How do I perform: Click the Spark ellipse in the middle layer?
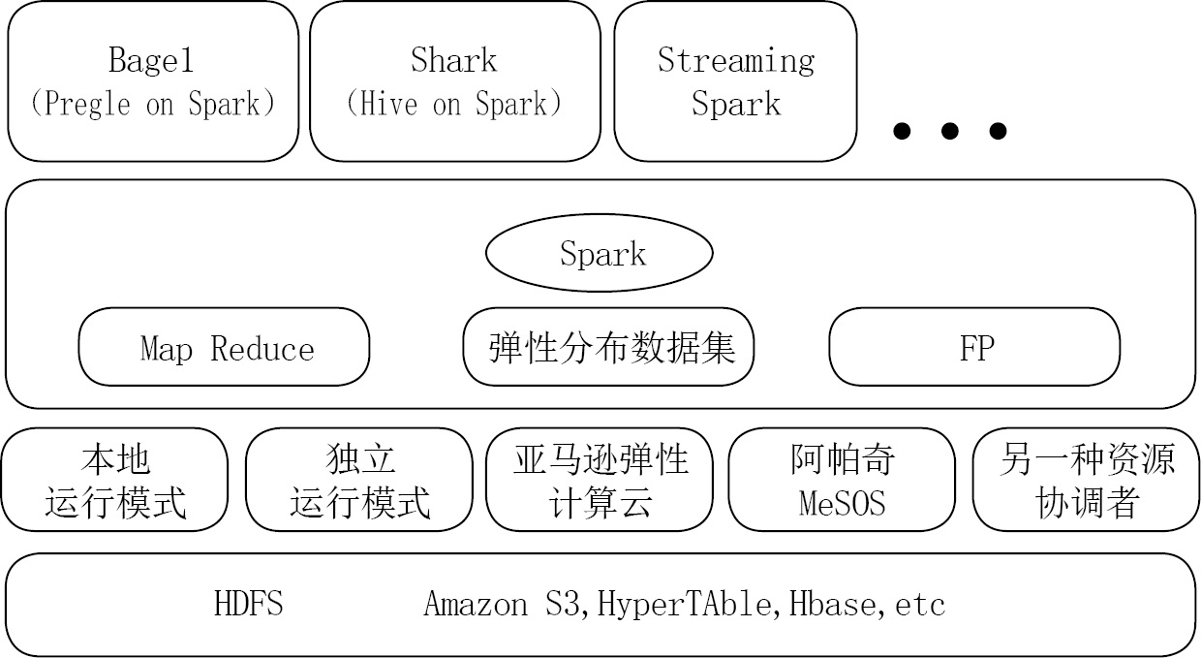600,253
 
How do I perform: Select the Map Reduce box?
224,347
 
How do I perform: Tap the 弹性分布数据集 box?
608,347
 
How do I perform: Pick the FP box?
975,347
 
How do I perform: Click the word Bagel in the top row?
151,60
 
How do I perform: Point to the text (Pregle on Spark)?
152,105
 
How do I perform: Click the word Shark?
453,60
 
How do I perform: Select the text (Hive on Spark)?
453,105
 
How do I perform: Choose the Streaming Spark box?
735,81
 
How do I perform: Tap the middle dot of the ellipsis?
949,131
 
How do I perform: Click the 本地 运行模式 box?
115,481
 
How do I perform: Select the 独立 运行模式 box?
359,481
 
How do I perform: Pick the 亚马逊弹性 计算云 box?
600,481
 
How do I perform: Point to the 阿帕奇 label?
842,459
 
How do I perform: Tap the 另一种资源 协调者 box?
1086,481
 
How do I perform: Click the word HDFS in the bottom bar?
249,604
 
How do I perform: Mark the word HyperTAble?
688,604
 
